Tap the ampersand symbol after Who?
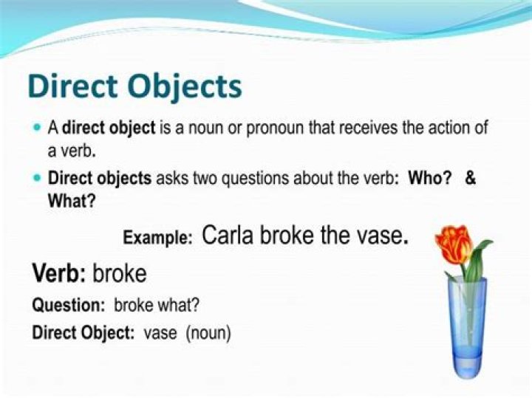470,179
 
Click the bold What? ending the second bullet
71,200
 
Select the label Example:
157,238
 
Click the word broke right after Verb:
120,274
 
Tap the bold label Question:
69,304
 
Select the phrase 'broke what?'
157,304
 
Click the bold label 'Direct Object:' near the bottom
83,333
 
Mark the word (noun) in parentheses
208,333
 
